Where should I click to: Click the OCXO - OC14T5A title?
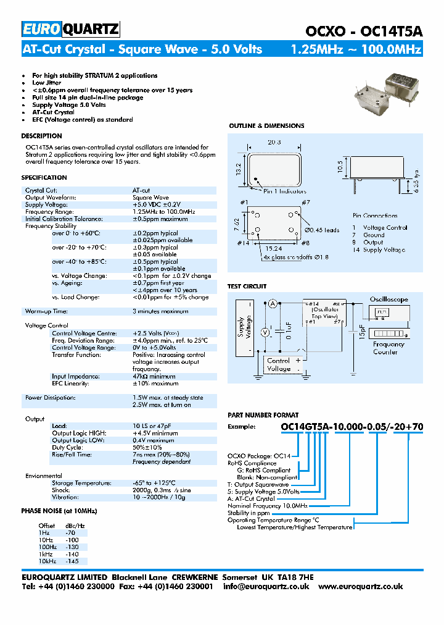(x=364, y=31)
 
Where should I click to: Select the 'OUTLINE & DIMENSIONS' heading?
(x=266, y=126)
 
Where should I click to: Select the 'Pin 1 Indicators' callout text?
(x=286, y=191)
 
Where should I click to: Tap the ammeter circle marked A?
(x=272, y=303)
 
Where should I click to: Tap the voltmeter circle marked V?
(x=266, y=332)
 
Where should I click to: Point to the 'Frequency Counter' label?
(x=388, y=348)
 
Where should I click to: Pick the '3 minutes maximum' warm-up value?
(x=160, y=311)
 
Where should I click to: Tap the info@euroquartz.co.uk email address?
(x=266, y=587)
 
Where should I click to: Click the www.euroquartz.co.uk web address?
(x=361, y=587)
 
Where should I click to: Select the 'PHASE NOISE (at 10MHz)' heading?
(x=59, y=511)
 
